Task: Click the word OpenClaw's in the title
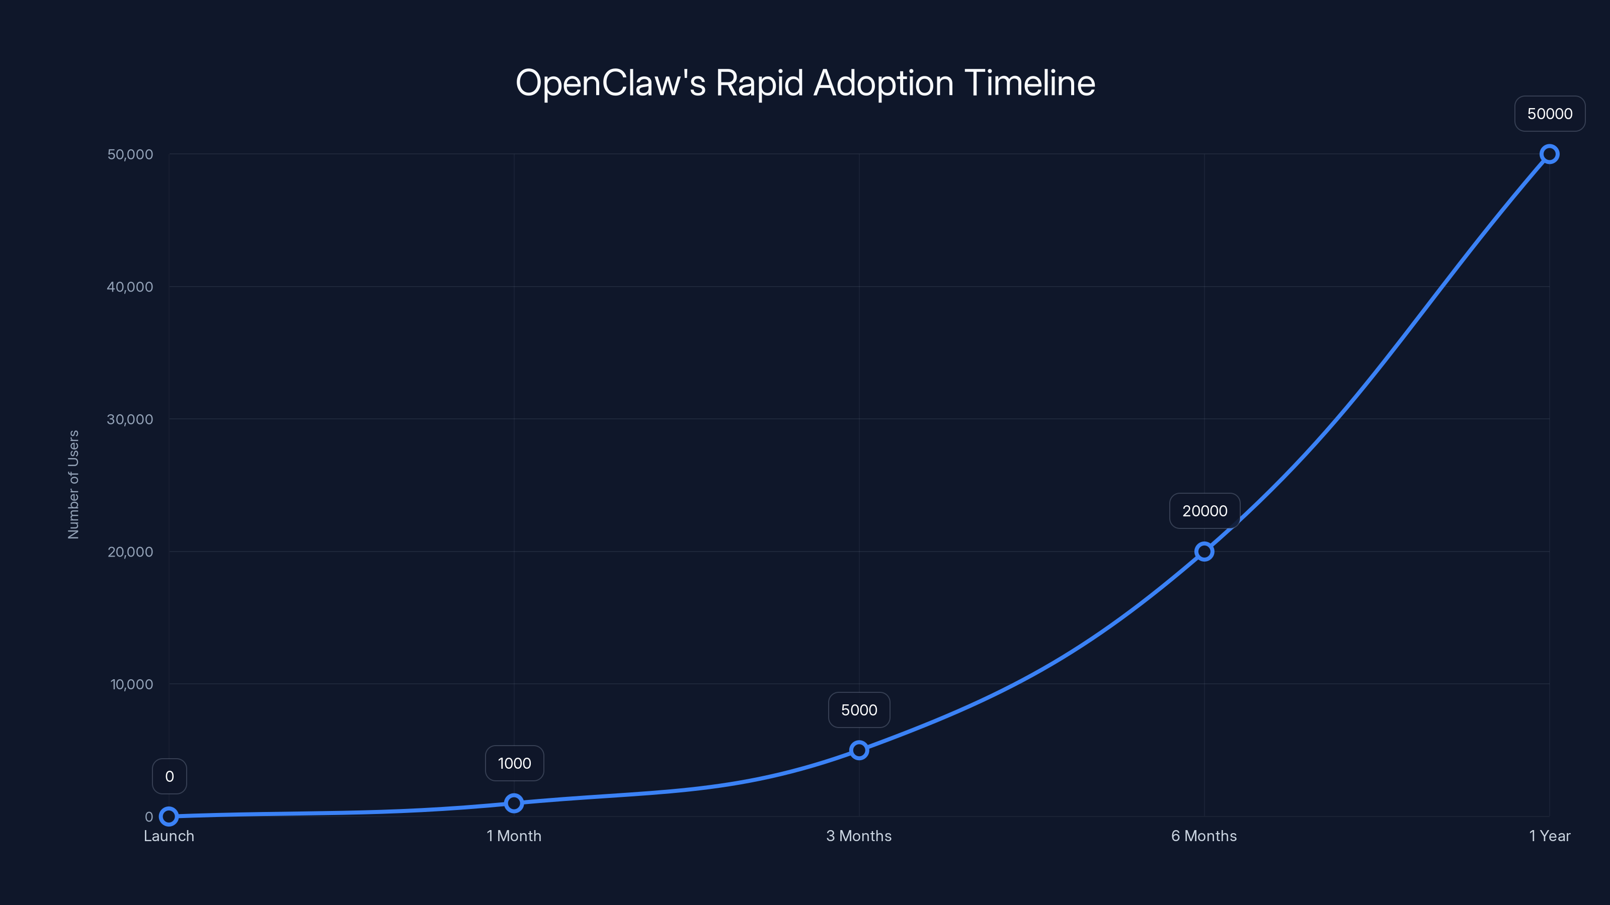[x=610, y=83]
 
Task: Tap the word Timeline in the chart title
[x=1029, y=83]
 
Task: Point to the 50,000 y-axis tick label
[x=130, y=154]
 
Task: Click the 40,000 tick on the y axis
[x=130, y=287]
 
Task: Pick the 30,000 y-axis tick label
[x=130, y=419]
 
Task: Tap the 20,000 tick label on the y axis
[x=130, y=552]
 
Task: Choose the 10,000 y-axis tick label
[x=131, y=684]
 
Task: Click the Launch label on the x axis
[x=169, y=836]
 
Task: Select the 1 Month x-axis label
[x=514, y=836]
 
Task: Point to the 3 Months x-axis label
[x=859, y=836]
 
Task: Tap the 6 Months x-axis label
[x=1204, y=836]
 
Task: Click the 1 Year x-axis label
[x=1550, y=836]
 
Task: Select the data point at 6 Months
[x=1204, y=552]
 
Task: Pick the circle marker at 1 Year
[x=1550, y=154]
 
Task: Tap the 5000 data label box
[x=859, y=709]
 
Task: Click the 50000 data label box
[x=1550, y=114]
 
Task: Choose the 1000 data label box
[x=514, y=763]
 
